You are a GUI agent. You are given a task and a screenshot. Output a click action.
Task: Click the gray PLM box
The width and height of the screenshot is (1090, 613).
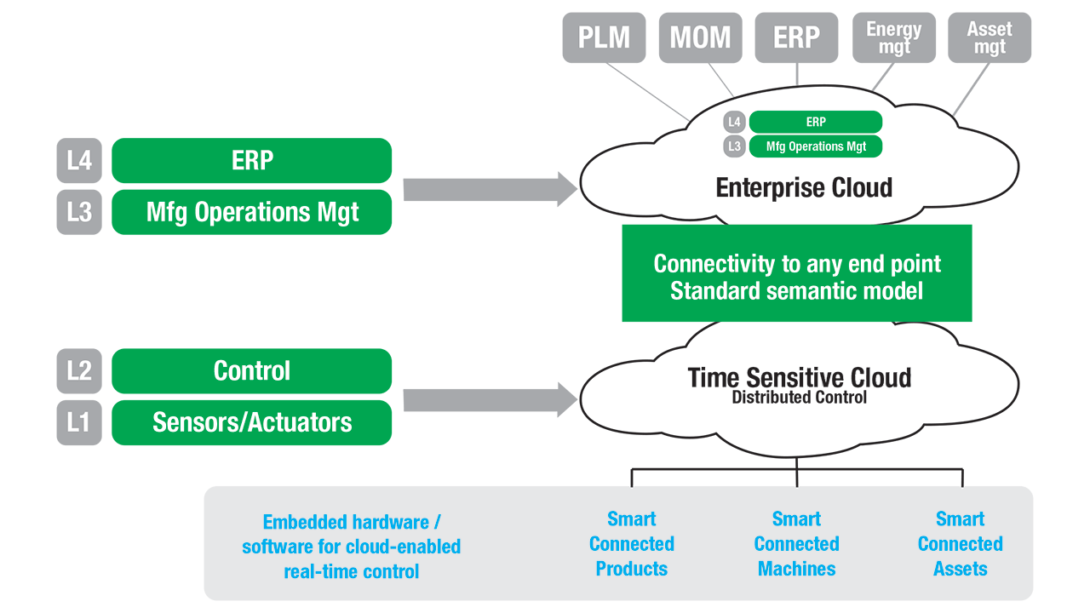[604, 37]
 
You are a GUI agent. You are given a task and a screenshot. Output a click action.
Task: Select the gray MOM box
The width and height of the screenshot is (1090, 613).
[700, 37]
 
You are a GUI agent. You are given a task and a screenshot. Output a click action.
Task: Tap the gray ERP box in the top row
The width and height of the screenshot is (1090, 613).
[796, 37]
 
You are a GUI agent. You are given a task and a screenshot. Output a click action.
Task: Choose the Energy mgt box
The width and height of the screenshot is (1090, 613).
[894, 37]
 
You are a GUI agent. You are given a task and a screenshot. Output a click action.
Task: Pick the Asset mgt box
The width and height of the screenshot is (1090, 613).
[990, 37]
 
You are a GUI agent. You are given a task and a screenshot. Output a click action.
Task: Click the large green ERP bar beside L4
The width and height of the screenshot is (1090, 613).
[251, 160]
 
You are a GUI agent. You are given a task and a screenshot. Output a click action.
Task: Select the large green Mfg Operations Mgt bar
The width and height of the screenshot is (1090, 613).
[251, 212]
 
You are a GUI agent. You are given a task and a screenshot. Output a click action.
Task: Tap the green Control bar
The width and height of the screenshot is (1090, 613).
[251, 370]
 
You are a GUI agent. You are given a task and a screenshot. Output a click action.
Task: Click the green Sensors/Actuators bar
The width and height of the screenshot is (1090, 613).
[251, 422]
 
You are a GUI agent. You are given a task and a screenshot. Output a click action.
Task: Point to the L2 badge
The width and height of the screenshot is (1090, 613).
[79, 370]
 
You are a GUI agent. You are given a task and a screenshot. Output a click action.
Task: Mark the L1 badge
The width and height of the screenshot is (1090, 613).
[79, 422]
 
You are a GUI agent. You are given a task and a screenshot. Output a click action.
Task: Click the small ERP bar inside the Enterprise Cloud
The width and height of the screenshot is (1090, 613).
[815, 122]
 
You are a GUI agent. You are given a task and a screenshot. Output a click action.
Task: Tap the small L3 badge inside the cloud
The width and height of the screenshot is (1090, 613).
[734, 146]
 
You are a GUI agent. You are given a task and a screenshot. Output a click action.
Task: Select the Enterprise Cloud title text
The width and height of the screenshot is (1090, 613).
[804, 187]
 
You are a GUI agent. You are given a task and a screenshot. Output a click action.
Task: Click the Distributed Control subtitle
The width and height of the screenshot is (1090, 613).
[799, 398]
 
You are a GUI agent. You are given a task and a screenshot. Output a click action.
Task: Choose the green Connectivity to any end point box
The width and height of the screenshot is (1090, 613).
[796, 273]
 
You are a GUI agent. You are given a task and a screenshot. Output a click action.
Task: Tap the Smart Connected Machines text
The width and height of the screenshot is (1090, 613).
[796, 543]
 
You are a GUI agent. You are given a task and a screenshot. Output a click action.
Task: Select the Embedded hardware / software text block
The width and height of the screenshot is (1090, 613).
[351, 547]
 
